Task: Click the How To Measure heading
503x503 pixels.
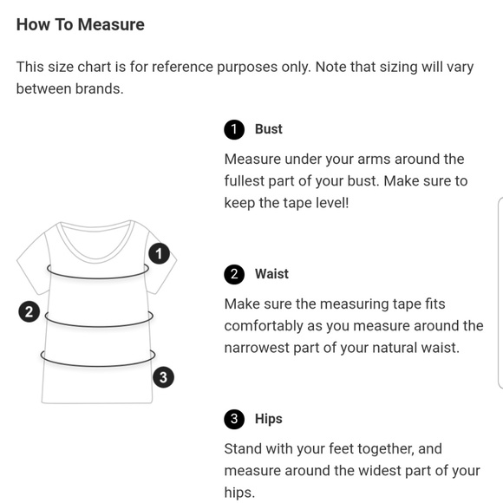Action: click(x=80, y=24)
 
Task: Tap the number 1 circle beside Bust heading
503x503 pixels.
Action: click(x=234, y=129)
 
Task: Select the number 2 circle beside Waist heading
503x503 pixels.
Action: click(x=234, y=274)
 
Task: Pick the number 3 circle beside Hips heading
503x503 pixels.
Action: click(x=234, y=419)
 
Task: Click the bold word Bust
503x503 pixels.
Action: click(x=269, y=129)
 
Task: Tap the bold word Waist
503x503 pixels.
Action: click(x=271, y=274)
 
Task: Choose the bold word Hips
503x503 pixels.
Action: click(x=269, y=419)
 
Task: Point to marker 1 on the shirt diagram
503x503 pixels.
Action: click(x=159, y=254)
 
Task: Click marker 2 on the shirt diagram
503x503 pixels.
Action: click(x=29, y=311)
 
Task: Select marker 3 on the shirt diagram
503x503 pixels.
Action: click(x=163, y=377)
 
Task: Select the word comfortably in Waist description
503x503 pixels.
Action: click(x=264, y=326)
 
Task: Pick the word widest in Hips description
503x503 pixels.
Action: click(x=380, y=471)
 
